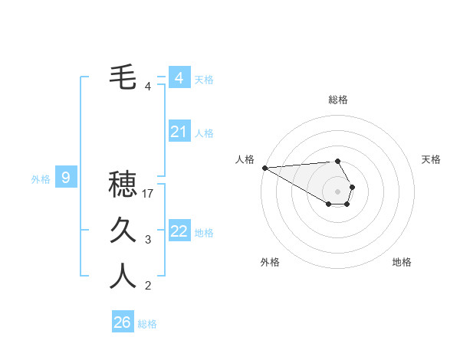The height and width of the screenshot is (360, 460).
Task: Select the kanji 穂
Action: coord(123,184)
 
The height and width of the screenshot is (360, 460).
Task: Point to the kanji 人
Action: coord(123,276)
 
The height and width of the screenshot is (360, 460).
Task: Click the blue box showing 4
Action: coord(179,78)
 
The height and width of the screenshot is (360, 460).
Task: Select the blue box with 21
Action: coord(179,132)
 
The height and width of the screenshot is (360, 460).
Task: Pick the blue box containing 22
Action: coord(179,231)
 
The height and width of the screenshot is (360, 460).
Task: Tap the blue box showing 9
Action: coord(66,178)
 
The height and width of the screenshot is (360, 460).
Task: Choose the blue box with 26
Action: coord(123,322)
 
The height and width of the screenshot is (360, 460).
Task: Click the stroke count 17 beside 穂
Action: coord(149,194)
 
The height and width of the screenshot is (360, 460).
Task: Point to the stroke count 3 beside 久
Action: coord(148,241)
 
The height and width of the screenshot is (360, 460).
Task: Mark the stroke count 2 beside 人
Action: coord(148,286)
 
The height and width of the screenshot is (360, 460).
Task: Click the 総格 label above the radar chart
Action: coord(338,100)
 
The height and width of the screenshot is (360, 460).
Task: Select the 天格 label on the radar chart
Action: coord(431,159)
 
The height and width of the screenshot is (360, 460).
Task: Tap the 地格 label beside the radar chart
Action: coord(402,262)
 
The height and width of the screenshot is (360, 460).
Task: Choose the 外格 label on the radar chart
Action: coord(270,262)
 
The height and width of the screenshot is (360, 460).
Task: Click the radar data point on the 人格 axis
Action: coord(264,168)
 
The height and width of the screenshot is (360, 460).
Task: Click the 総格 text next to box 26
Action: coord(147,324)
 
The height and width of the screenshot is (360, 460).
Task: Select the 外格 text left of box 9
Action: coord(41,179)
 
